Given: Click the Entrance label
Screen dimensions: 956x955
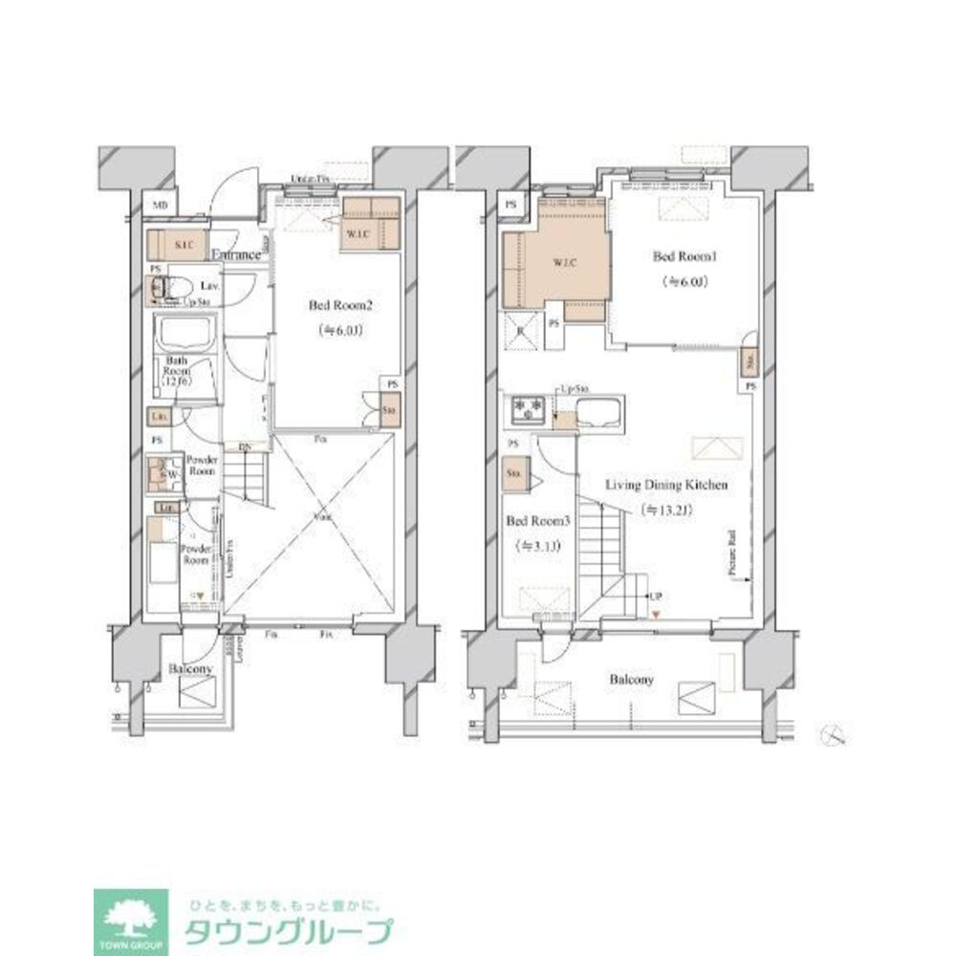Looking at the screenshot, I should click(x=236, y=255).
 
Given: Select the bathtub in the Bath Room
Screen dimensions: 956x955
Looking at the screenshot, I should click(x=187, y=336).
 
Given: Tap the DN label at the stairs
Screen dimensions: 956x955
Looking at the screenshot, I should click(x=244, y=446).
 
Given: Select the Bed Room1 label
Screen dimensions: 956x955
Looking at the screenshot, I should click(x=678, y=257).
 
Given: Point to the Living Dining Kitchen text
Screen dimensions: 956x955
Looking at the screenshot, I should click(x=666, y=486).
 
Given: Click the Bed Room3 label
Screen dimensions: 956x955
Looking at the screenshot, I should click(x=536, y=522).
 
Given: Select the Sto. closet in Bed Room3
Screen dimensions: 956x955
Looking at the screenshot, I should click(x=513, y=472).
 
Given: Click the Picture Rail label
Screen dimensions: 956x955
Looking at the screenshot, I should click(x=731, y=554).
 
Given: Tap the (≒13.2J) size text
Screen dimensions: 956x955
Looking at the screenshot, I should click(x=666, y=510).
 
